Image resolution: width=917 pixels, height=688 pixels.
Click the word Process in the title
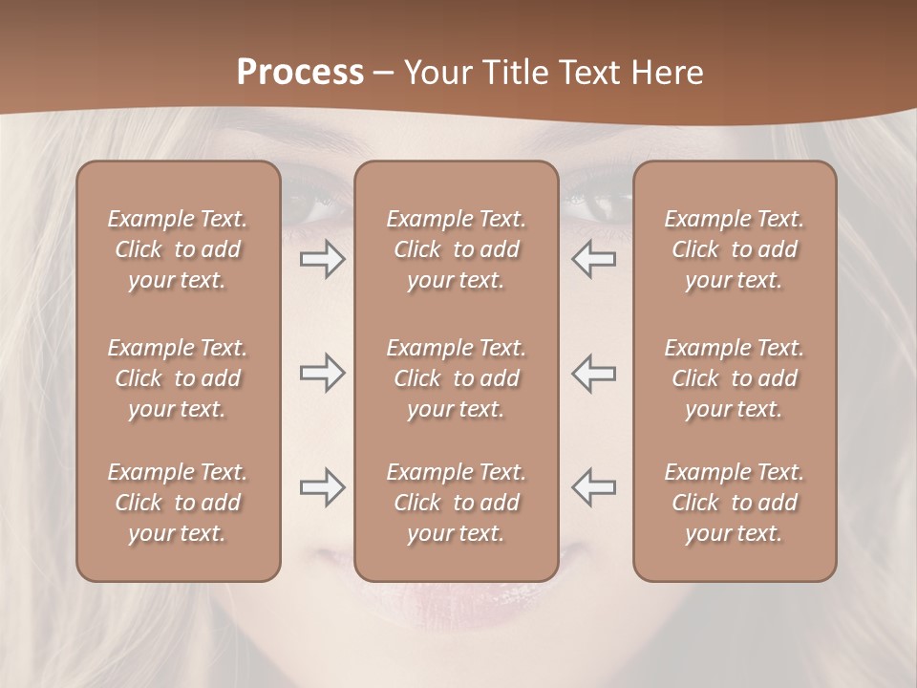[x=300, y=72]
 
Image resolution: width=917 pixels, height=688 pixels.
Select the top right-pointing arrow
[x=322, y=259]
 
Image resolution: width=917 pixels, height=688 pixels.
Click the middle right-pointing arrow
[x=322, y=373]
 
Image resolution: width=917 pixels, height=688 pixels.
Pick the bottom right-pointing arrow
[x=322, y=487]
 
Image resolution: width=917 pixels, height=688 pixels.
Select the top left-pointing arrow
[x=593, y=259]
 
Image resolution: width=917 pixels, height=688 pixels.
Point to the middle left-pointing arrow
[x=593, y=373]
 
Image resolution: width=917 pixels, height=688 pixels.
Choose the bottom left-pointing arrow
[x=593, y=487]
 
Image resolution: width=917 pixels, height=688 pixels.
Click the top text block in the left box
[x=178, y=249]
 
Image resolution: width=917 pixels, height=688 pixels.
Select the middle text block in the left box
[x=178, y=378]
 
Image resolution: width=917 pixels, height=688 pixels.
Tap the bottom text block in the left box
[x=178, y=503]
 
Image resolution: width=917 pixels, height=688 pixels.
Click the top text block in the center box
[x=457, y=249]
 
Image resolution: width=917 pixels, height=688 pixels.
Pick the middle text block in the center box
[x=457, y=378]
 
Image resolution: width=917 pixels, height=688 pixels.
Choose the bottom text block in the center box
[x=457, y=503]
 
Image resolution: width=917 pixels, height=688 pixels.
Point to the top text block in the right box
[x=735, y=249]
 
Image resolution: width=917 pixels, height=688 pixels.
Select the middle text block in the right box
[x=735, y=378]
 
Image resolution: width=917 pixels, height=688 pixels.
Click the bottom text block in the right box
[x=735, y=503]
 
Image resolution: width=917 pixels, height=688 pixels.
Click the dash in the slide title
[x=384, y=73]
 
